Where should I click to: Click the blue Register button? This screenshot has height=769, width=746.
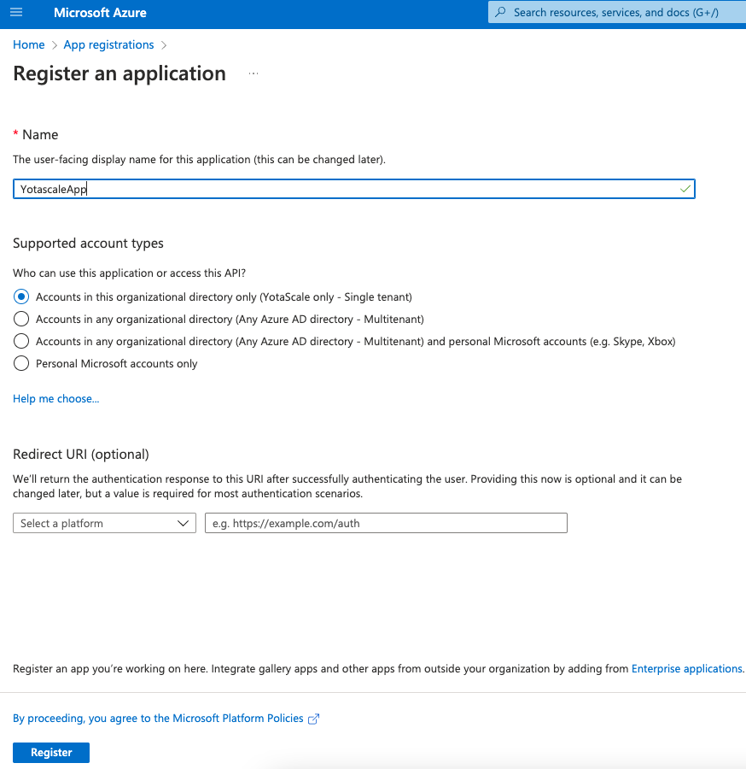click(x=51, y=752)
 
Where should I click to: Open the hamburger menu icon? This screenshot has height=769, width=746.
click(x=15, y=13)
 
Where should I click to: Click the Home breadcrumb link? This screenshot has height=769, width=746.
click(x=28, y=44)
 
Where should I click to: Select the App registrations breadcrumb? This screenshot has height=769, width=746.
click(x=108, y=44)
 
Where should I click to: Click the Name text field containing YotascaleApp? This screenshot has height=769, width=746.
click(x=341, y=189)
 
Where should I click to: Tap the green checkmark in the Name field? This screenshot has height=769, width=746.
click(x=685, y=189)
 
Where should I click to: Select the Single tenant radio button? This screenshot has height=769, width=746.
click(x=22, y=296)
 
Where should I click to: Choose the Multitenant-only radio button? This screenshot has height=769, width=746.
click(x=22, y=319)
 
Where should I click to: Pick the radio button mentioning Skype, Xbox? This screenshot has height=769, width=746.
click(x=22, y=341)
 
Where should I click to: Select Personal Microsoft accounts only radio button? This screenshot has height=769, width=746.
click(x=22, y=363)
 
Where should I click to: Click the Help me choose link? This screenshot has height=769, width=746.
click(x=56, y=398)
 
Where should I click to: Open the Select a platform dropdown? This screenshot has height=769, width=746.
click(x=104, y=523)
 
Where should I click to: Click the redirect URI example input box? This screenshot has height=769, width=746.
click(x=386, y=523)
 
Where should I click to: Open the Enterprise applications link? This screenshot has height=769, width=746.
click(x=687, y=669)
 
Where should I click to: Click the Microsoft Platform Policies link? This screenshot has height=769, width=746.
click(x=158, y=719)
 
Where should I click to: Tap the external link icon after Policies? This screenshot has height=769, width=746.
click(x=313, y=719)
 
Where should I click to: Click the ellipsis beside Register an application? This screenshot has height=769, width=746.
click(x=254, y=74)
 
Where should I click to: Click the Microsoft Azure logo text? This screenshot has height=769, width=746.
click(x=100, y=13)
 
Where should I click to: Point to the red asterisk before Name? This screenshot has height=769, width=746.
click(x=15, y=133)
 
